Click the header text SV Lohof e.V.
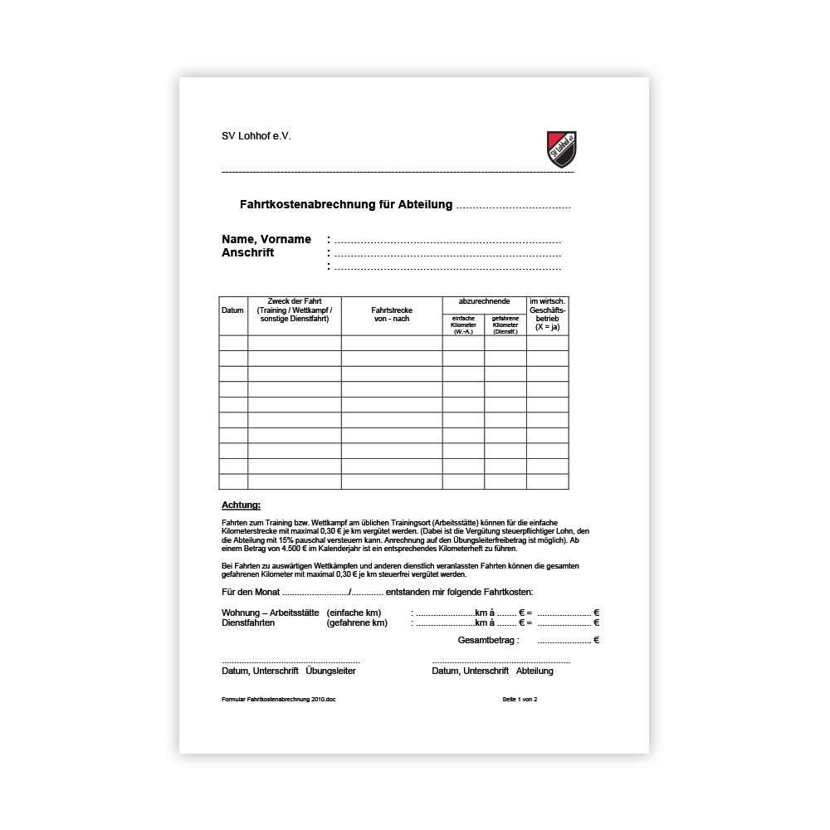click(x=256, y=136)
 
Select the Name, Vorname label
click(x=266, y=239)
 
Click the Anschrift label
click(x=247, y=252)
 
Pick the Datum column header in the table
click(x=233, y=310)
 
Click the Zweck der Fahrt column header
click(x=295, y=310)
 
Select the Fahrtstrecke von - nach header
click(x=392, y=315)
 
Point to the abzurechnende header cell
click(x=484, y=300)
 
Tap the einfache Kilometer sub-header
click(x=463, y=325)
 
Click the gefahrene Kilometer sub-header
click(x=505, y=325)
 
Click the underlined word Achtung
click(x=241, y=505)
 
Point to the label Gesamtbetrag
click(x=488, y=640)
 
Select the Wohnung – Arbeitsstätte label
click(x=271, y=613)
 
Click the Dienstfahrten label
click(x=248, y=622)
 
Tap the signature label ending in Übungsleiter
click(x=288, y=671)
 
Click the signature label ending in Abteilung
click(x=492, y=671)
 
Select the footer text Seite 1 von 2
click(x=520, y=700)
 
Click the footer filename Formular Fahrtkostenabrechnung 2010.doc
click(x=278, y=700)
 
